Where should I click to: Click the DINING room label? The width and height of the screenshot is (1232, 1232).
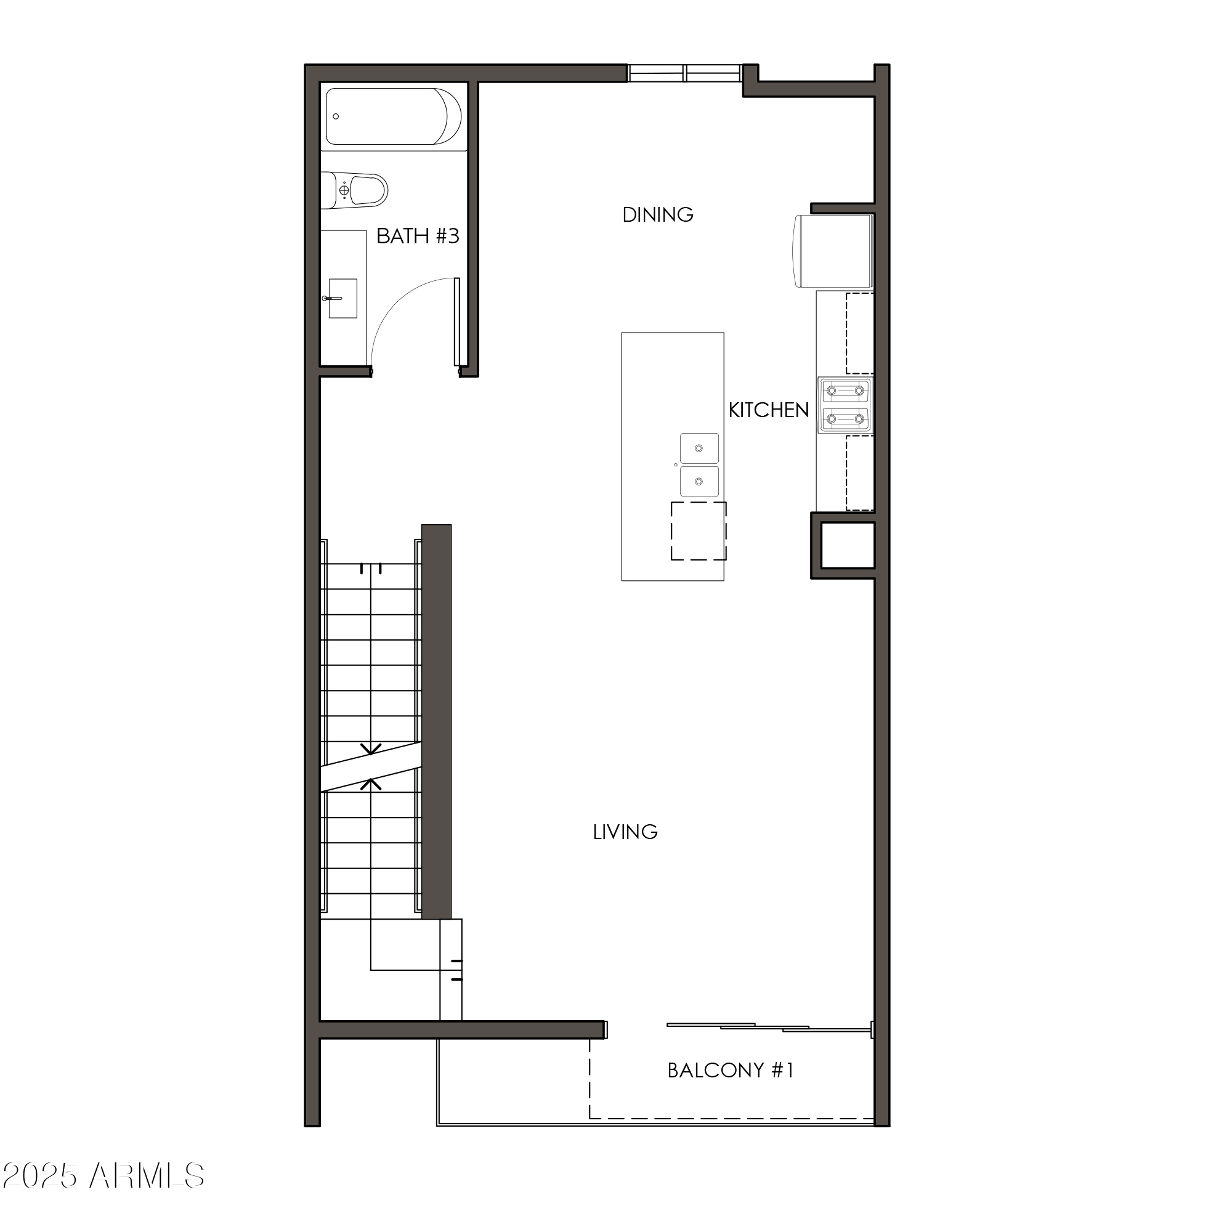pyautogui.click(x=657, y=215)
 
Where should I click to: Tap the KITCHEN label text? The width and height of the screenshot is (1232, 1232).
pyautogui.click(x=768, y=410)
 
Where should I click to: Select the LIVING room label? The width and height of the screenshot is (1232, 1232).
pyautogui.click(x=625, y=832)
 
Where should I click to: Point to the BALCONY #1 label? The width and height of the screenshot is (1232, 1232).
pyautogui.click(x=730, y=1070)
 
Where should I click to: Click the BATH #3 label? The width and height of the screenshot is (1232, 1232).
pyautogui.click(x=418, y=236)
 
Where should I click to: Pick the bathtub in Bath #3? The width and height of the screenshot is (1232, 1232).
pyautogui.click(x=393, y=116)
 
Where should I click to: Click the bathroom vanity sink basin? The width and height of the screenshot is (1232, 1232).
pyautogui.click(x=342, y=298)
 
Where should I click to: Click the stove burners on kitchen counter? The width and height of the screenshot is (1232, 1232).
pyautogui.click(x=845, y=405)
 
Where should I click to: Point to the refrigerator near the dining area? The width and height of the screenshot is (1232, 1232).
pyautogui.click(x=833, y=251)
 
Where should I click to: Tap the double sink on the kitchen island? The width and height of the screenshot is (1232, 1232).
pyautogui.click(x=699, y=466)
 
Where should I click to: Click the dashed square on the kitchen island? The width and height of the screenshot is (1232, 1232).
pyautogui.click(x=699, y=531)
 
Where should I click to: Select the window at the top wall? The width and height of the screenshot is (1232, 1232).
pyautogui.click(x=684, y=73)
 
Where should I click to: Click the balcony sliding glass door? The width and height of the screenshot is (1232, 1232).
pyautogui.click(x=768, y=1027)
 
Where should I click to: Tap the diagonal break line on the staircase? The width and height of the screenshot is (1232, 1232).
pyautogui.click(x=370, y=766)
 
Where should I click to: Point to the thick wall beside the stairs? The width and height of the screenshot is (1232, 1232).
pyautogui.click(x=437, y=721)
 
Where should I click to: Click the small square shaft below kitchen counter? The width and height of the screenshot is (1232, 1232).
pyautogui.click(x=847, y=545)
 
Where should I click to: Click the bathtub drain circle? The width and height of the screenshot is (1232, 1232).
pyautogui.click(x=336, y=116)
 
